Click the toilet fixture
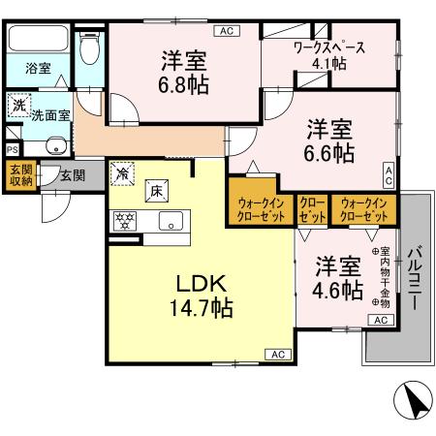click(89, 47)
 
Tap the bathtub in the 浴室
click(38, 39)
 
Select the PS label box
click(13, 150)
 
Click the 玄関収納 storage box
click(21, 175)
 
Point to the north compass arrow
click(413, 399)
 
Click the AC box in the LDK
click(278, 355)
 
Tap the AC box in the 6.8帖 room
click(227, 31)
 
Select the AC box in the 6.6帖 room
click(389, 175)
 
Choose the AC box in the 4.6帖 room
click(381, 320)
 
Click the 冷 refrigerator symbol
click(122, 173)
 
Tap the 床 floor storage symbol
click(157, 191)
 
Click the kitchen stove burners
click(125, 221)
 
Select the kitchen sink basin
click(171, 221)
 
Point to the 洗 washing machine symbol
click(19, 105)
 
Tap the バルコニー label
click(415, 278)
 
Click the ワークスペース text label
click(329, 48)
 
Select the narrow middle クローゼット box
click(312, 210)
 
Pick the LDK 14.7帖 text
click(201, 296)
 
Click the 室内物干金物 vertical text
click(384, 277)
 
